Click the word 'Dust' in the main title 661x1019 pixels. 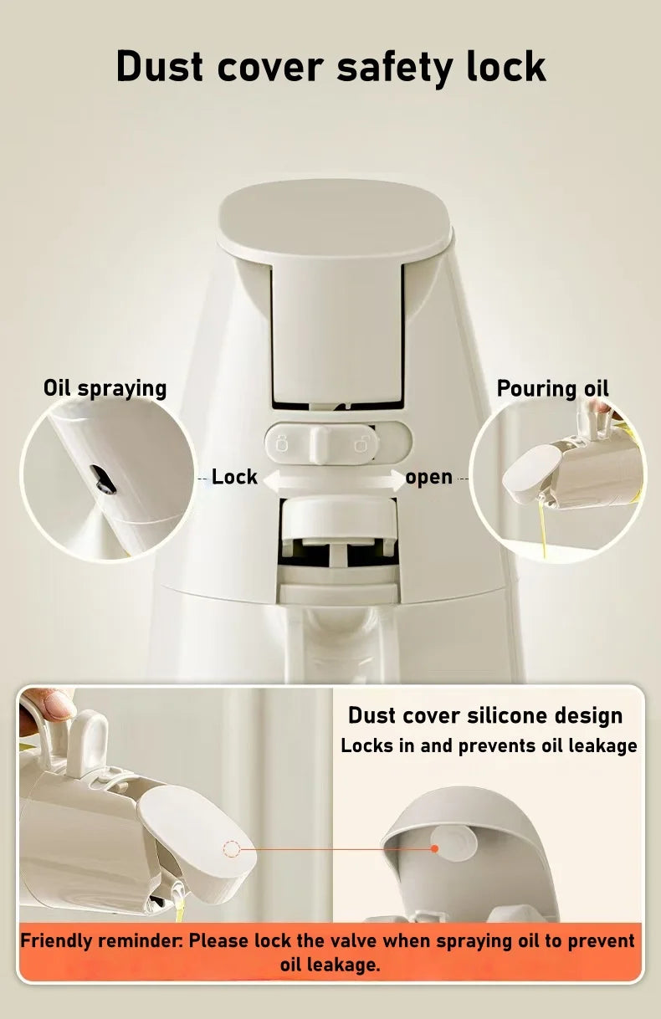(158, 66)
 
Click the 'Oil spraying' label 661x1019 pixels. (105, 388)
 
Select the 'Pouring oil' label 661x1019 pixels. (552, 388)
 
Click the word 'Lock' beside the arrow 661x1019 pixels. (234, 477)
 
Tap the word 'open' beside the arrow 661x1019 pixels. (428, 477)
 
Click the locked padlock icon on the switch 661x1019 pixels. (282, 443)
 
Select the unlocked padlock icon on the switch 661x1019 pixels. (361, 443)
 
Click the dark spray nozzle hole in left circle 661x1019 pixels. (102, 478)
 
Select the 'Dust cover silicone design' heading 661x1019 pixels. (485, 715)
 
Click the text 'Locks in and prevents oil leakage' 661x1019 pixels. (489, 745)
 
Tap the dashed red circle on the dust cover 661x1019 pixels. (232, 849)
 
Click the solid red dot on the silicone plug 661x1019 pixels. (435, 848)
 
